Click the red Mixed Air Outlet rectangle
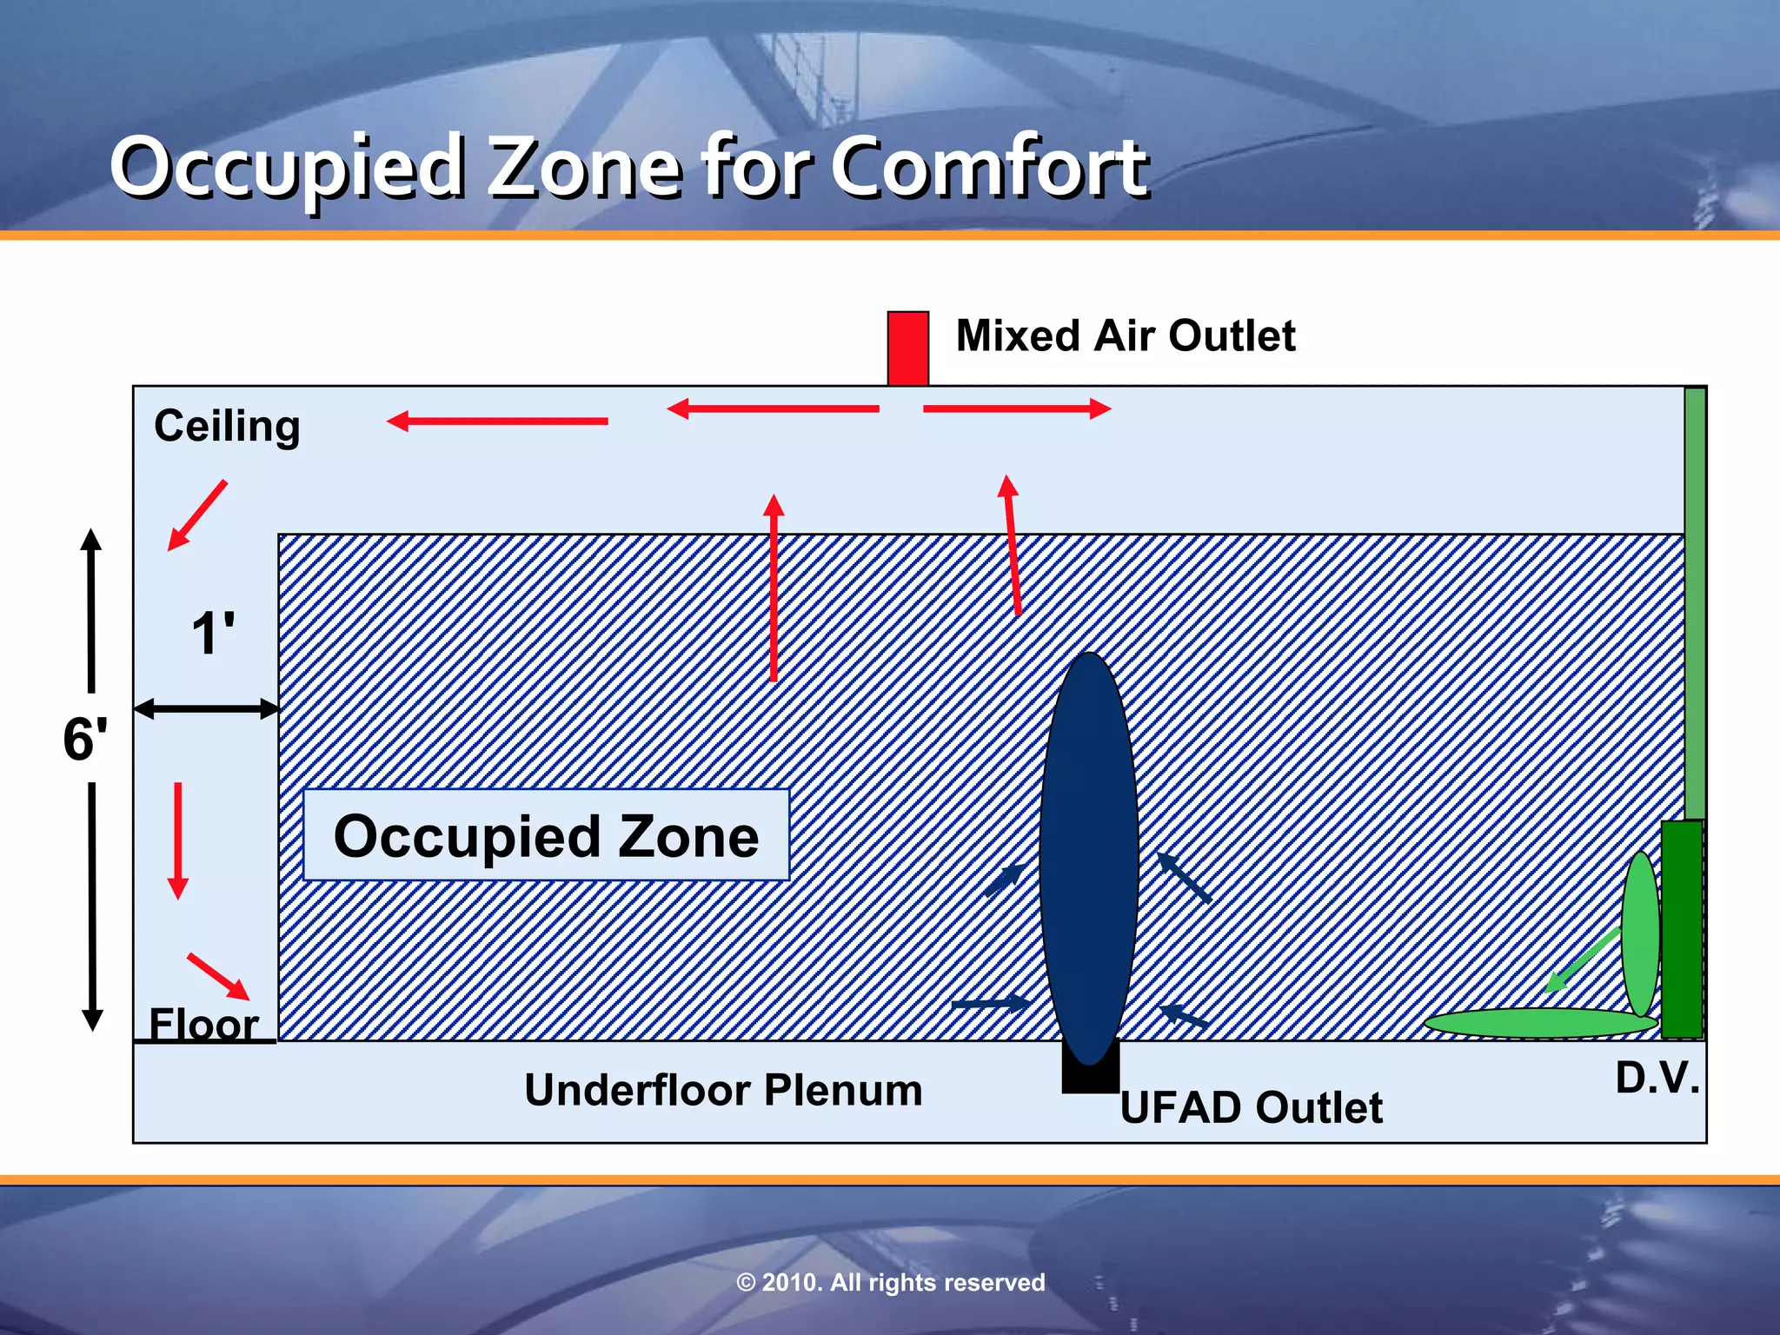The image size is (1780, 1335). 907,348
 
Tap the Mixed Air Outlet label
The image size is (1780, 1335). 1125,335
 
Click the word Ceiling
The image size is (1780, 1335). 227,426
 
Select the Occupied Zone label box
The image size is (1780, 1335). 546,835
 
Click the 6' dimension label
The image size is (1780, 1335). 85,740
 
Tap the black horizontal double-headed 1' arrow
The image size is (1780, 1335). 206,708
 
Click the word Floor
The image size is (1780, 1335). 203,1023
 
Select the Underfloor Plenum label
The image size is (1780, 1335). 723,1090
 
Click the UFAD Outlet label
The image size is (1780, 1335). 1250,1107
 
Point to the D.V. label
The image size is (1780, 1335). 1656,1078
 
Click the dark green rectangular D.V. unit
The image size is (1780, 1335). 1682,928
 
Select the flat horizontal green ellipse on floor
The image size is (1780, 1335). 1538,1022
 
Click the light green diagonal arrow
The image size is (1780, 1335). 1582,960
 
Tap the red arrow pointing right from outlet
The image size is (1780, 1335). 1017,408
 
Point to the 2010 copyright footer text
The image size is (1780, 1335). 890,1282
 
